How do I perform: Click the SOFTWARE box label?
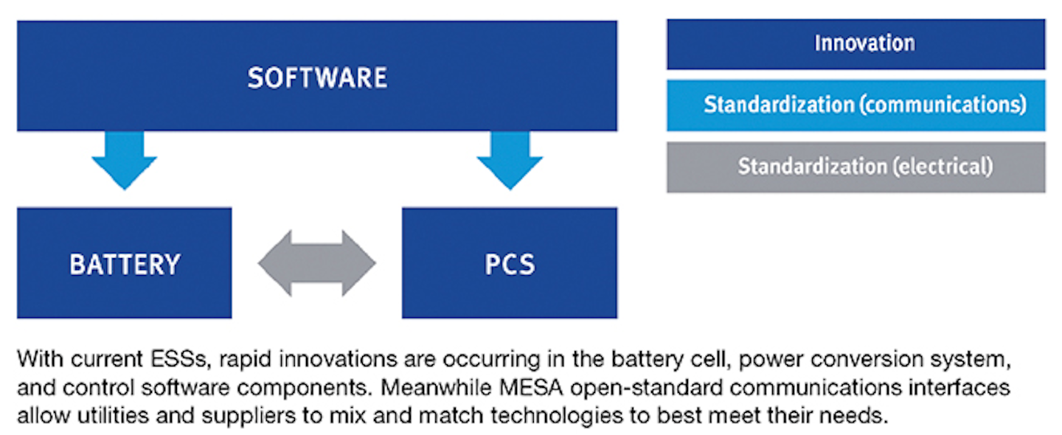click(317, 78)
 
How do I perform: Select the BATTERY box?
click(124, 263)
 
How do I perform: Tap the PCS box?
click(509, 263)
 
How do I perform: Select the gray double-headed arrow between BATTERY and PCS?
click(317, 263)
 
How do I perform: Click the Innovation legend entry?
click(855, 43)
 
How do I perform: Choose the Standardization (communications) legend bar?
click(855, 105)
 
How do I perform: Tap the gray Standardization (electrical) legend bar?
click(855, 167)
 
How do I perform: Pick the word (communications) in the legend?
click(942, 105)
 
